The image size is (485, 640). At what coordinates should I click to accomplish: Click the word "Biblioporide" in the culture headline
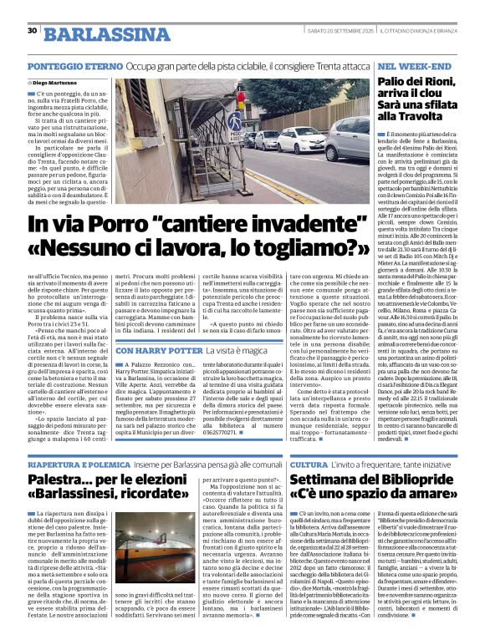pos(411,481)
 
